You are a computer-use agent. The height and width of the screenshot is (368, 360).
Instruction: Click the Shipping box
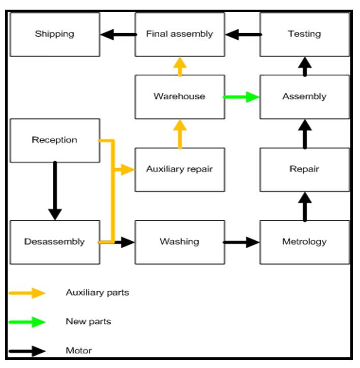click(x=54, y=34)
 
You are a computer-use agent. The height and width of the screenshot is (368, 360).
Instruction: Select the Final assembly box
click(x=179, y=34)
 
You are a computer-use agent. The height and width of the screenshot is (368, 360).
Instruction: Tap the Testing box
click(x=305, y=34)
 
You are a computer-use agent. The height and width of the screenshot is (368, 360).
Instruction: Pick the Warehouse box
click(x=179, y=97)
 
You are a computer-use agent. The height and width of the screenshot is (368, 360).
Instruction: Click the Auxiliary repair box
click(x=179, y=169)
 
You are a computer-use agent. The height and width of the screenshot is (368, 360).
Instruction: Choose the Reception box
click(x=54, y=140)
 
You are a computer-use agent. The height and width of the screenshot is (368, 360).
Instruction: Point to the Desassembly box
click(x=54, y=242)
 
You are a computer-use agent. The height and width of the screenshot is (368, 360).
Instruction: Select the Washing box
click(x=179, y=242)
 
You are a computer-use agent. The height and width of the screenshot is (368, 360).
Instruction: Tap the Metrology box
click(x=305, y=242)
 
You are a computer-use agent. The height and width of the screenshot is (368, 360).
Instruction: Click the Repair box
click(x=305, y=169)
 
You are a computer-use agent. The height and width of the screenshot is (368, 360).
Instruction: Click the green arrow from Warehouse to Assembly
click(x=242, y=97)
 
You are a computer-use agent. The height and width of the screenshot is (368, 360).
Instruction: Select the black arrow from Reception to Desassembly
click(x=54, y=191)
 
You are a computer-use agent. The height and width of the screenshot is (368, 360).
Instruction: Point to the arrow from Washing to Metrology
click(x=242, y=242)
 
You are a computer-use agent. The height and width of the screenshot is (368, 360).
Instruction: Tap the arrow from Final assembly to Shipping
click(x=117, y=35)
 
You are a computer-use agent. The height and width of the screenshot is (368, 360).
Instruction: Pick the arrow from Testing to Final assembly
click(x=243, y=35)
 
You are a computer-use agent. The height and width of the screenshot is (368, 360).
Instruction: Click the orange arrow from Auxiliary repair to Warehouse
click(x=179, y=133)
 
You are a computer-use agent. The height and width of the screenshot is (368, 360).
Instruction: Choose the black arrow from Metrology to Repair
click(x=305, y=206)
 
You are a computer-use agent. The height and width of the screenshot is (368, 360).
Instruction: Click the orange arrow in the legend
click(x=27, y=293)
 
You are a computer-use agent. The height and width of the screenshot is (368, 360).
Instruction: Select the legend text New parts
click(x=88, y=322)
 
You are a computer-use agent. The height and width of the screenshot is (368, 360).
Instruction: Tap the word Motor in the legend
click(x=79, y=350)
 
